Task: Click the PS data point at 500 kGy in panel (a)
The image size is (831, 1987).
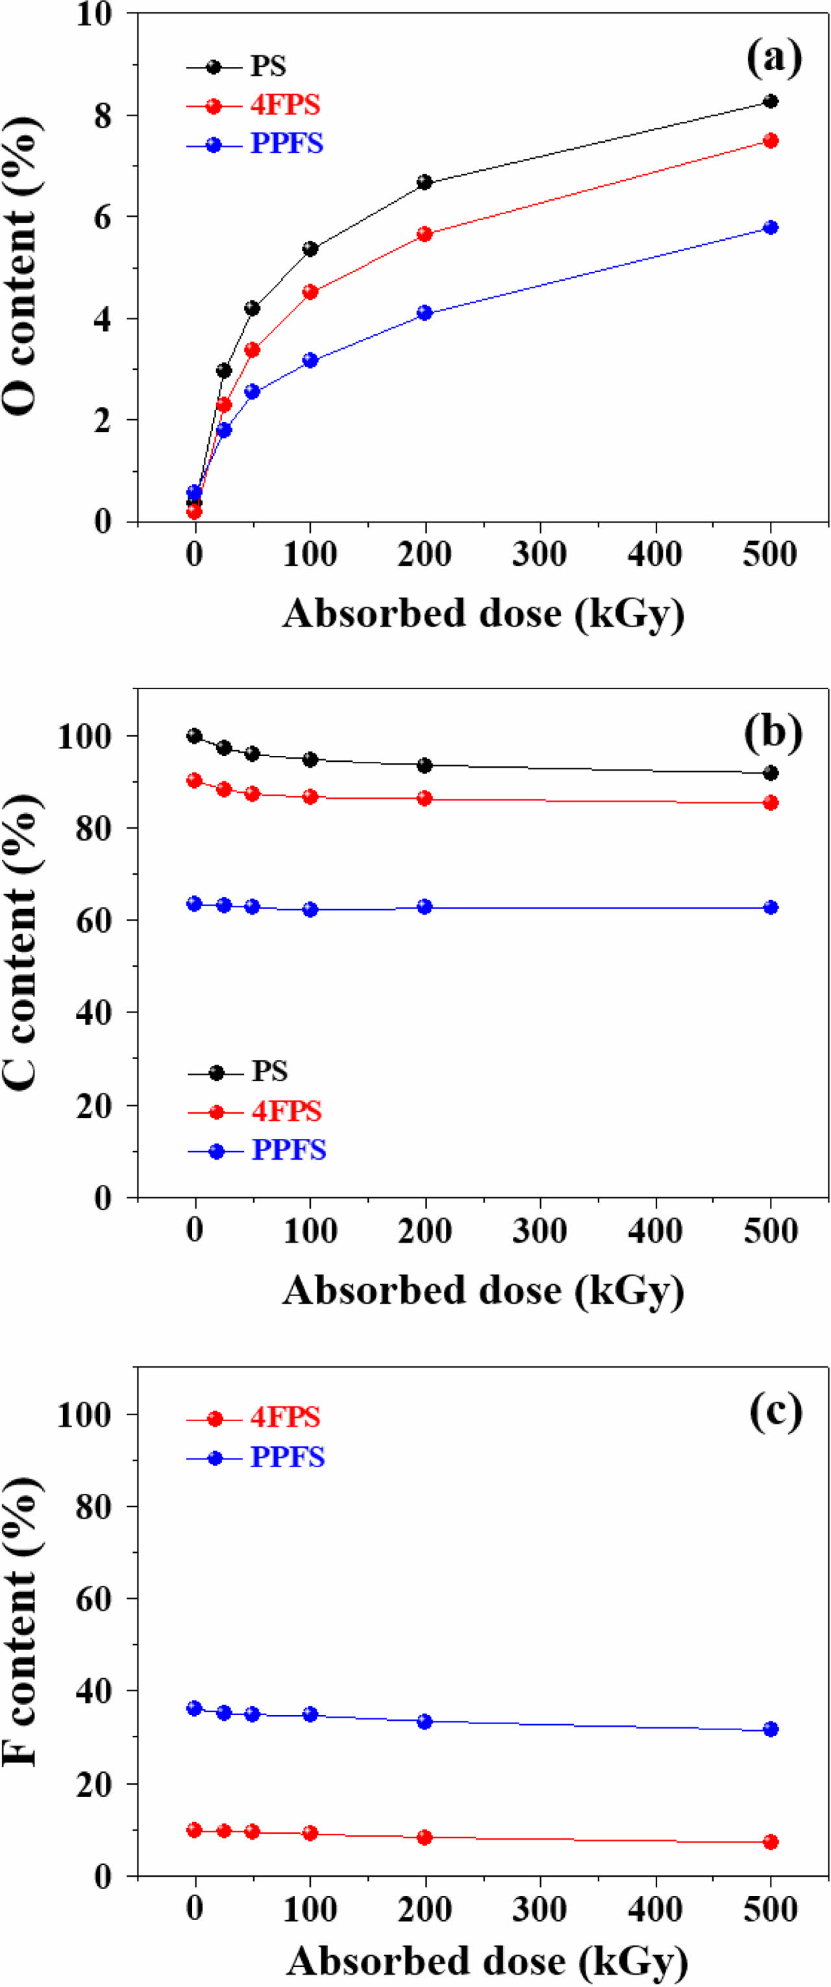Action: pyautogui.click(x=770, y=101)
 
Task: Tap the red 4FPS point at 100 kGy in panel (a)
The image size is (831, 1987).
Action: pyautogui.click(x=310, y=291)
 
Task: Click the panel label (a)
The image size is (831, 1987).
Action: pyautogui.click(x=774, y=58)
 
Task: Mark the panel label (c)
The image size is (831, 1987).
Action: pyautogui.click(x=775, y=1411)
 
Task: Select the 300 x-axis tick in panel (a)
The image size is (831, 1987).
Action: pyautogui.click(x=540, y=554)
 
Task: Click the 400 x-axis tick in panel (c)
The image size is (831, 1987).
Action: pyautogui.click(x=655, y=1910)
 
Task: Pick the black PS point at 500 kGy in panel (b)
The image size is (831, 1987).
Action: pyautogui.click(x=770, y=773)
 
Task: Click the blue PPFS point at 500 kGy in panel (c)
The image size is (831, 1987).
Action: pyautogui.click(x=770, y=1729)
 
